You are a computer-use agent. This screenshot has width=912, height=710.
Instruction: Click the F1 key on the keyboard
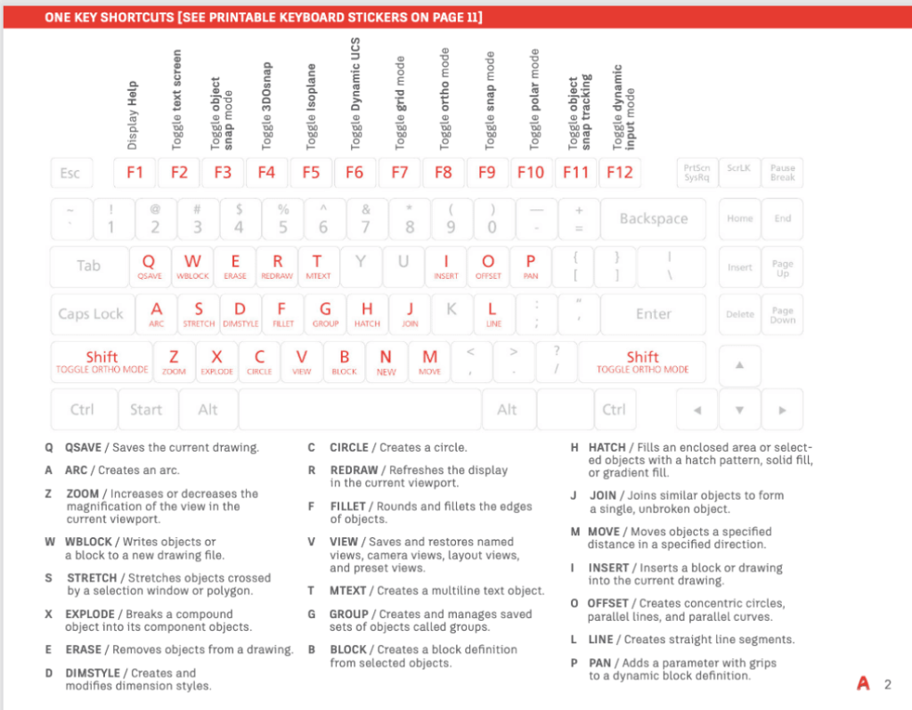[x=135, y=172]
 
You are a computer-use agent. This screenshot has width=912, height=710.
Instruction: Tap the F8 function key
[x=443, y=172]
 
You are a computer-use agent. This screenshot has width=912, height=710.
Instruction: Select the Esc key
[x=70, y=173]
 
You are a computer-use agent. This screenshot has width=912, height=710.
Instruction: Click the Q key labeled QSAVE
[x=150, y=265]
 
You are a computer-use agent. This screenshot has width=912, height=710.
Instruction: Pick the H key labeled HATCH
[x=367, y=313]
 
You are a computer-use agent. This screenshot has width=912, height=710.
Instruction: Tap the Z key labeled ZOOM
[x=175, y=361]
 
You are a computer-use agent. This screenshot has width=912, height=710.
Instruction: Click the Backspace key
[x=654, y=219]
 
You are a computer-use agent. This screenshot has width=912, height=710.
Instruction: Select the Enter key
[x=653, y=314]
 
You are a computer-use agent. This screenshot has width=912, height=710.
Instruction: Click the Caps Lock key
[x=91, y=314]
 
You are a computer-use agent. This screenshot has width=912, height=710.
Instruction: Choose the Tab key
[x=88, y=265]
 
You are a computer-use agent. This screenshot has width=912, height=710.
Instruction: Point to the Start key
[x=146, y=410]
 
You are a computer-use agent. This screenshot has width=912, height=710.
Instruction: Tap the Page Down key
[x=782, y=314]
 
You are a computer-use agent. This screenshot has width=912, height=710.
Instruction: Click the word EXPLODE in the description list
[x=90, y=614]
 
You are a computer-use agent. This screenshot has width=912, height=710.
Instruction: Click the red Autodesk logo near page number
[x=862, y=684]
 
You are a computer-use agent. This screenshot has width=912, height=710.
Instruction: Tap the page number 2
[x=887, y=684]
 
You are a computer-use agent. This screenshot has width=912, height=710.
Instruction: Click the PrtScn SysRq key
[x=696, y=172]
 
